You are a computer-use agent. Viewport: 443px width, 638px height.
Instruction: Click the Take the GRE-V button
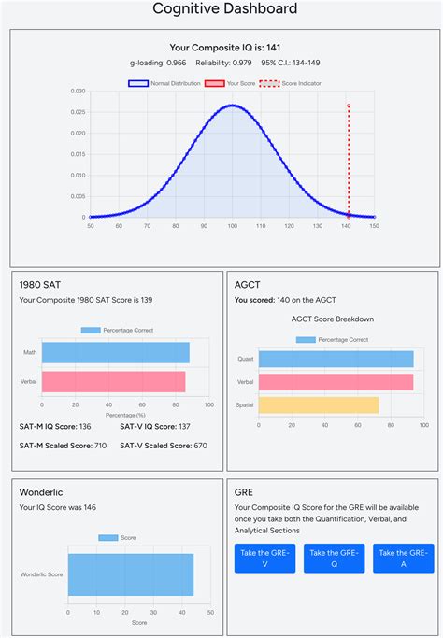tap(265, 559)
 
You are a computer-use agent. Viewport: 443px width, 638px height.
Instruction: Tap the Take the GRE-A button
tap(403, 559)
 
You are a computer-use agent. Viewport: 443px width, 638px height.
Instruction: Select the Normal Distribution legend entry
tap(158, 83)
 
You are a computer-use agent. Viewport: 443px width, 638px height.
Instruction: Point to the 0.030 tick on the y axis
tap(79, 92)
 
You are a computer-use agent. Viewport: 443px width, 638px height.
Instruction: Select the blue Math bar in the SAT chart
tap(115, 352)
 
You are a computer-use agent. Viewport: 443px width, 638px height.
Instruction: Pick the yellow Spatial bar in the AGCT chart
tap(319, 404)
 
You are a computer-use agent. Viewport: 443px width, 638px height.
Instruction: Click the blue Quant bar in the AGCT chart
tap(336, 359)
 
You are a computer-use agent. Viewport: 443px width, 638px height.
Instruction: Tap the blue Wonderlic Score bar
tap(130, 574)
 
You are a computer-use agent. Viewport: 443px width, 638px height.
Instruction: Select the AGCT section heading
tap(249, 284)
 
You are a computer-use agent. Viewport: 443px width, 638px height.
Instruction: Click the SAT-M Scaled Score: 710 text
tap(62, 446)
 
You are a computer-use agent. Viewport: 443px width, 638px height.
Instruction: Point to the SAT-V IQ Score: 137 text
tap(155, 426)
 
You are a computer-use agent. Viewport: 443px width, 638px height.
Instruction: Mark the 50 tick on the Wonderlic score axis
tap(210, 613)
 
